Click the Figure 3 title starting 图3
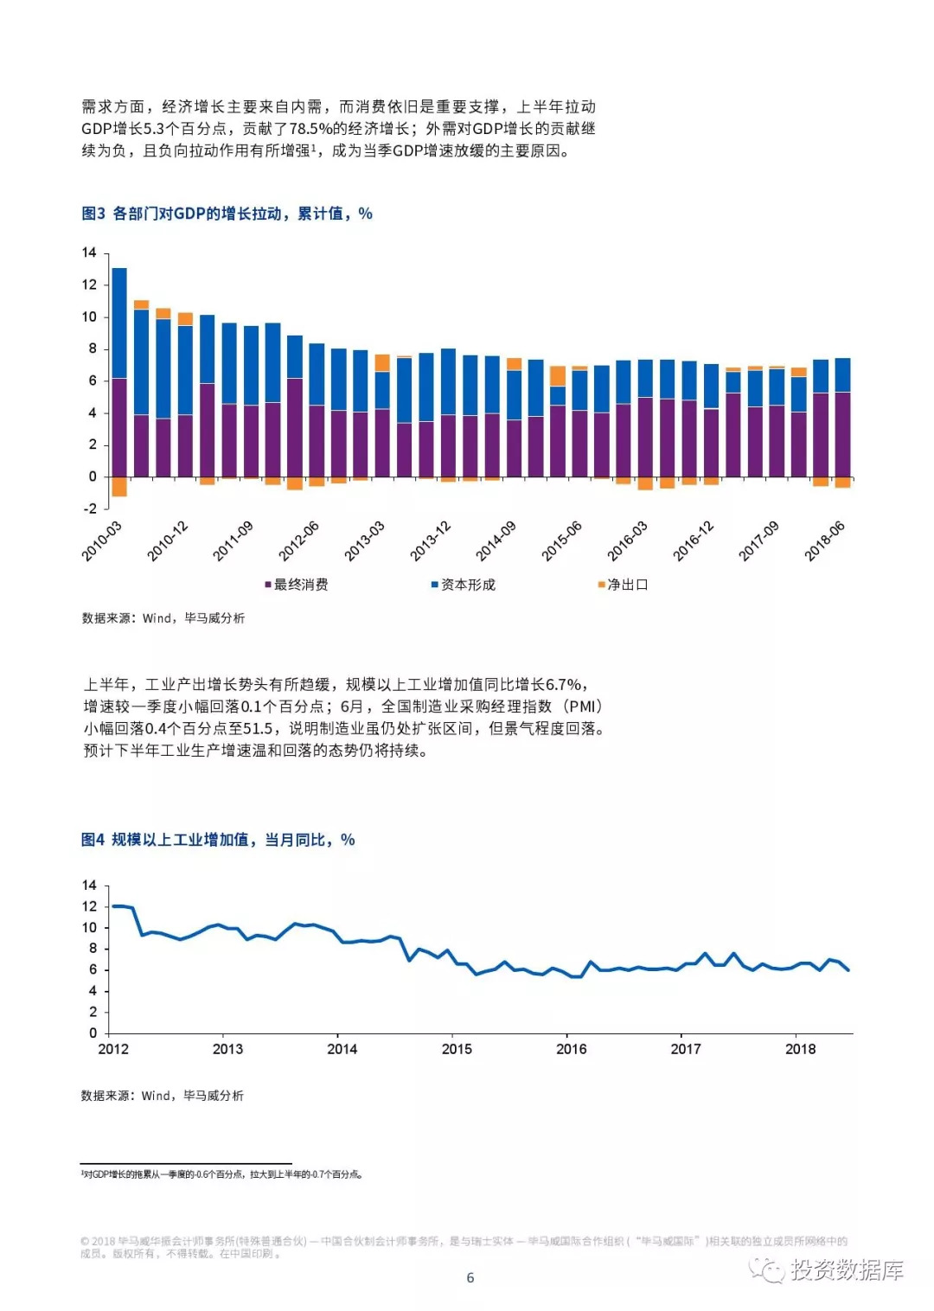[x=227, y=214]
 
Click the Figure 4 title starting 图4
[x=218, y=840]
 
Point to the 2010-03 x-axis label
[x=103, y=541]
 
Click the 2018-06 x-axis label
[x=825, y=541]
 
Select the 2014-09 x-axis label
[x=496, y=541]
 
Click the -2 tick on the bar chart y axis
[x=90, y=508]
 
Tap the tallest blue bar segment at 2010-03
[x=119, y=323]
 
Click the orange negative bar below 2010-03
[x=119, y=486]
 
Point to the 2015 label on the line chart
[x=457, y=1049]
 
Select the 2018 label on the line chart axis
[x=800, y=1049]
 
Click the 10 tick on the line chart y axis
[x=90, y=927]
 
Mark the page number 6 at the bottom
[x=470, y=1277]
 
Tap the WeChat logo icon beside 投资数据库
[x=766, y=1269]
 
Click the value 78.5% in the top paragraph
[x=310, y=129]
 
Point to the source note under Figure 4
[x=163, y=1096]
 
